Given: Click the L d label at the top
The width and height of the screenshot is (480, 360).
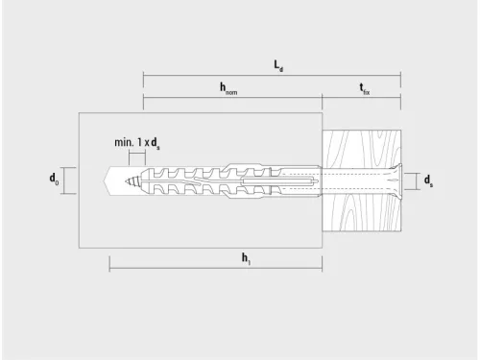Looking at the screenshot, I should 278,65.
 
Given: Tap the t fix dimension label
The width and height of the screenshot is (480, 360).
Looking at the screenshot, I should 365,88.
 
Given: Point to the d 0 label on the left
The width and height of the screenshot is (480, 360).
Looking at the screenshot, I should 54,180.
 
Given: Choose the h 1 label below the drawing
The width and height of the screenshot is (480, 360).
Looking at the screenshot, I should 247,256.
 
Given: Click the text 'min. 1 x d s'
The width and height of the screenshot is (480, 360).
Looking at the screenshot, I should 137,142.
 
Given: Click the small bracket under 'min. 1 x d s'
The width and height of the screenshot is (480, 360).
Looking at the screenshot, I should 136,156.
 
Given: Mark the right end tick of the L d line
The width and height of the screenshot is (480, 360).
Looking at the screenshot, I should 400,74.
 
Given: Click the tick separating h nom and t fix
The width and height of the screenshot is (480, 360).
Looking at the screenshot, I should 322,97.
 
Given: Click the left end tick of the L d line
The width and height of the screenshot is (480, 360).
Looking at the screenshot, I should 143,74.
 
